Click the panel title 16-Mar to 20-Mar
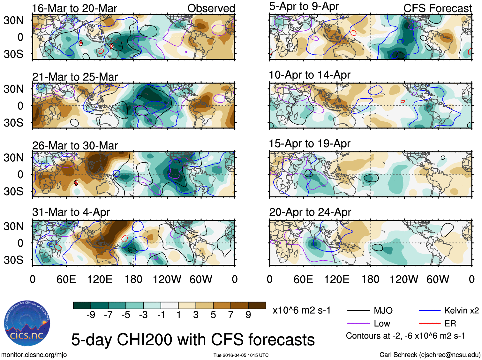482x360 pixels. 75,8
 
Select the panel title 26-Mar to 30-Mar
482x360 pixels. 75,146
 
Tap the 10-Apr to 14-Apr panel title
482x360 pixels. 310,75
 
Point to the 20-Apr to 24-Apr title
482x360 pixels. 310,212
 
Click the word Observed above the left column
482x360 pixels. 211,8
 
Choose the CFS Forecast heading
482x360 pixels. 437,8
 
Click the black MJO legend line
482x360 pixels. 358,310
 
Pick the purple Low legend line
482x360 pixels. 358,324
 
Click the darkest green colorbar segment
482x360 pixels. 82,305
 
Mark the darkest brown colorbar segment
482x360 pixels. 257,305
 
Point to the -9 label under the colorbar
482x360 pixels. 91,315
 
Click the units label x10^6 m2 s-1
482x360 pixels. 301,310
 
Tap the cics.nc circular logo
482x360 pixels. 27,323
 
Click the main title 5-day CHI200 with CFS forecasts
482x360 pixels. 193,340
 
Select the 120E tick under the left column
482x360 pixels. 100,280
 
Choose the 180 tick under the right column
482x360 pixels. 370,280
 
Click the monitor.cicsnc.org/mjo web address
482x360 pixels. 34,355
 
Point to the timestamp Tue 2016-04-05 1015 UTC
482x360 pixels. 241,355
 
